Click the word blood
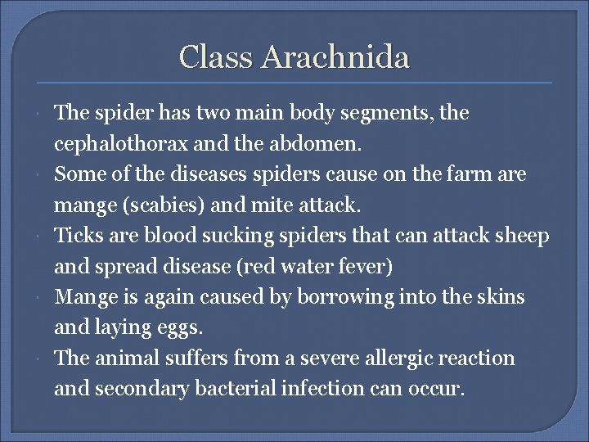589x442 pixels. tap(169, 236)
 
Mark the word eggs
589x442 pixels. tap(182, 327)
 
